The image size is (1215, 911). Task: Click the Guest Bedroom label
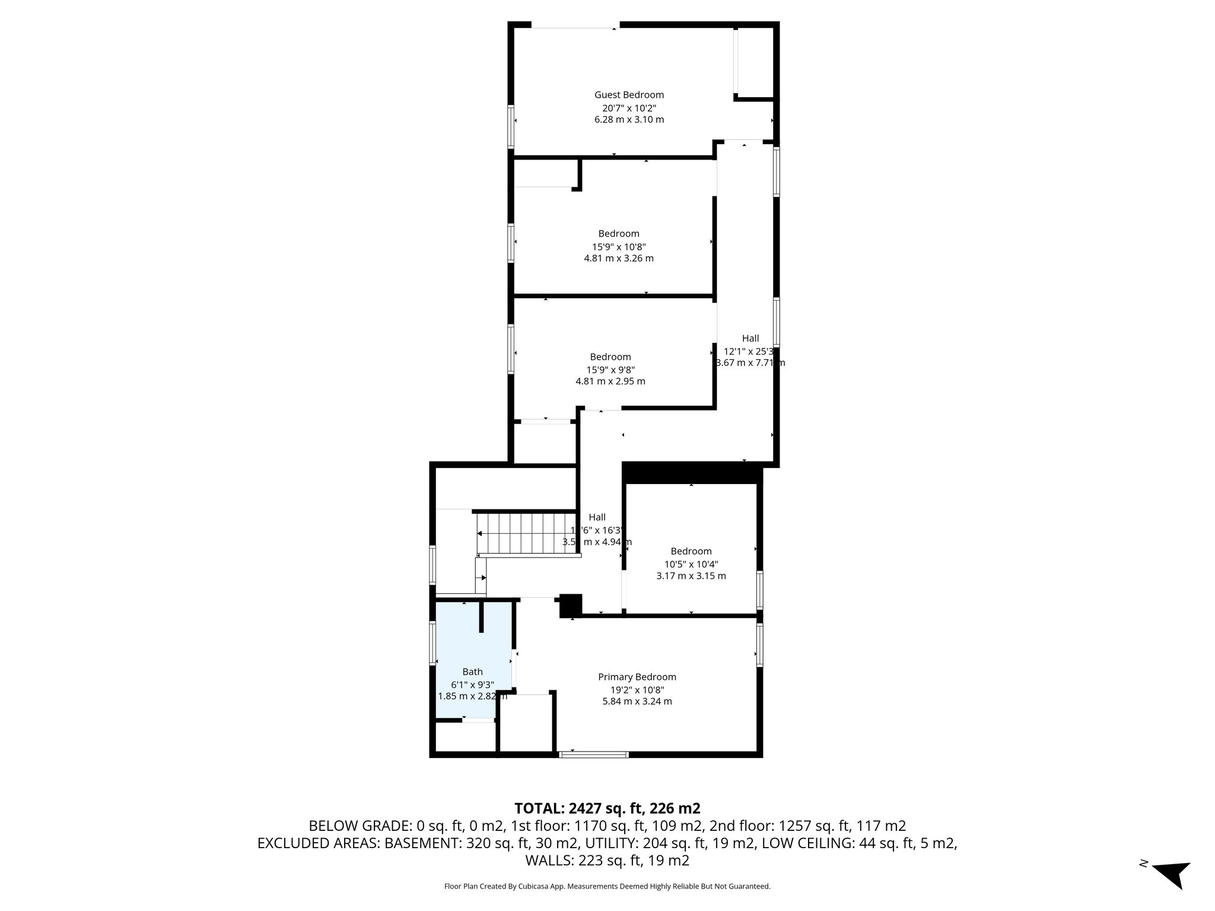[x=629, y=95]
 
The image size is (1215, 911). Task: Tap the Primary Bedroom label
[x=637, y=677]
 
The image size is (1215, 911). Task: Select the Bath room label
[x=472, y=672]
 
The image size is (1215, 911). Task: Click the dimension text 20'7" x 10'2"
[x=629, y=108]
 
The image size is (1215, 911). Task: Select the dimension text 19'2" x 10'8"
[x=637, y=690]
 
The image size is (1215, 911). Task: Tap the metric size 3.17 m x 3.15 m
[x=691, y=576]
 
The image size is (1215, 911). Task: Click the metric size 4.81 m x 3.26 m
[x=619, y=259]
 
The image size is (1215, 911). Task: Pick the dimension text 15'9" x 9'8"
[x=610, y=370]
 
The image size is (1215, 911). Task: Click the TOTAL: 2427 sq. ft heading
[x=607, y=808]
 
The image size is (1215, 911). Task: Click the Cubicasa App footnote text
[x=607, y=887]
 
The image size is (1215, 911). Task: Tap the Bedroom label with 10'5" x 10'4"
[x=691, y=552]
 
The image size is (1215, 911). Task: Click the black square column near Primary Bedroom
[x=571, y=606]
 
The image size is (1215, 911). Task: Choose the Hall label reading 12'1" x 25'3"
[x=750, y=339]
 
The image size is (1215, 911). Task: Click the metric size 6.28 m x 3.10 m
[x=629, y=120]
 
